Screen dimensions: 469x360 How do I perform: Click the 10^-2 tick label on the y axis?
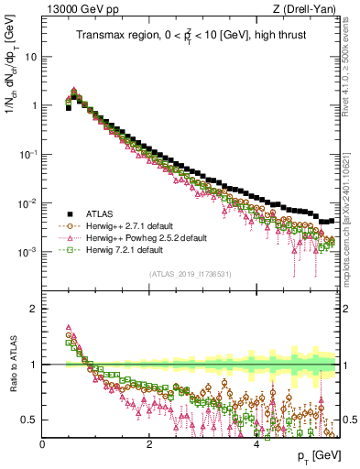point(28,203)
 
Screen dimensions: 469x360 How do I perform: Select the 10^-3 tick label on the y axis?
point(28,252)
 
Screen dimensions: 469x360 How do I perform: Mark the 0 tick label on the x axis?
point(43,443)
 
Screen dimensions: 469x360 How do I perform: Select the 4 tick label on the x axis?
point(256,443)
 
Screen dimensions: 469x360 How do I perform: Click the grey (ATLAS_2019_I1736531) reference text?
point(191,275)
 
